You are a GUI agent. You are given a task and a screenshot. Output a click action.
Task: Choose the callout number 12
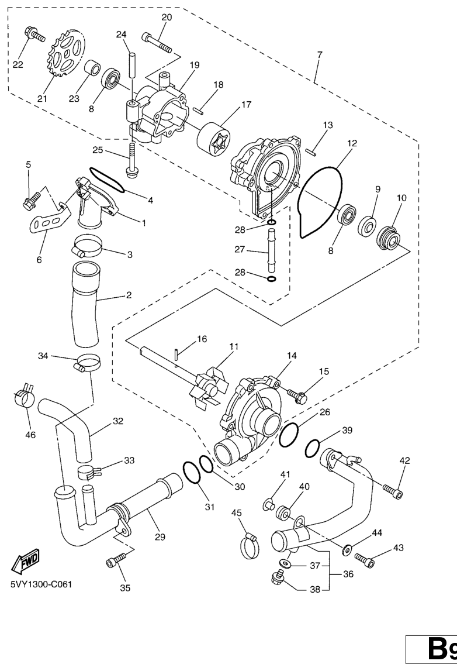(352, 143)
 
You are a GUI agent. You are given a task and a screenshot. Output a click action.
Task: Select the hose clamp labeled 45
(251, 545)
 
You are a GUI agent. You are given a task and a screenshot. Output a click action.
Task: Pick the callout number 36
(348, 574)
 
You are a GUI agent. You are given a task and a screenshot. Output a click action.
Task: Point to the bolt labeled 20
(157, 43)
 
